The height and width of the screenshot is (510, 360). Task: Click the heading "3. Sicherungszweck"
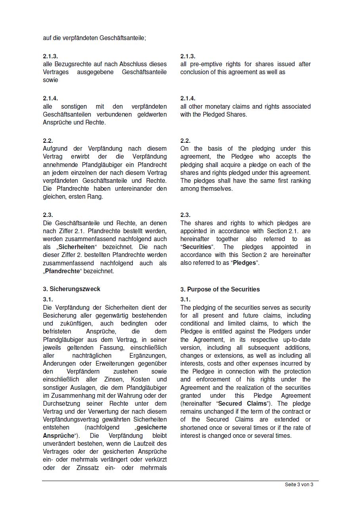tap(71, 289)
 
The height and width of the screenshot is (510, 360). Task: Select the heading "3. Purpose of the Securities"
tap(220, 290)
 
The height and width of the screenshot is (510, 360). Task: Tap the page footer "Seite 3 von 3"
tap(299, 485)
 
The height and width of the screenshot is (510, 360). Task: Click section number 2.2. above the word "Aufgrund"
tap(48, 141)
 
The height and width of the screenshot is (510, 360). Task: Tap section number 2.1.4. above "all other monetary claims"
tap(188, 98)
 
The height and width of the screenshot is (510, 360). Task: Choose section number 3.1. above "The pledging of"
tap(185, 300)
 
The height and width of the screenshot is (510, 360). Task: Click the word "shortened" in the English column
tap(194, 428)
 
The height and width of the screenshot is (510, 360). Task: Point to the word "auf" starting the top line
tap(47, 38)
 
